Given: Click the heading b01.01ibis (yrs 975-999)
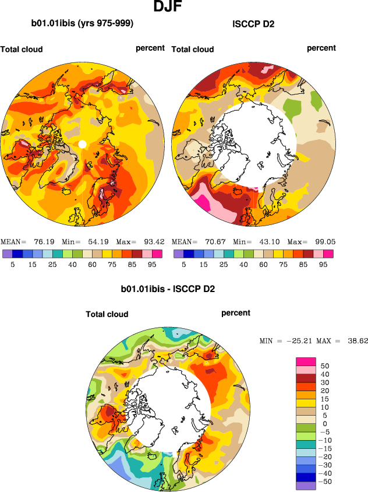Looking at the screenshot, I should [x=82, y=24].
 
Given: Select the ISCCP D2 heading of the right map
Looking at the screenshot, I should [x=253, y=24].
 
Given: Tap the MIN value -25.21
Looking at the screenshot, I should [x=298, y=340].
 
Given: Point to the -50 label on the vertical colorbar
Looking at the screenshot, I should [x=327, y=482].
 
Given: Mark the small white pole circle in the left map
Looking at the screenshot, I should [x=82, y=144].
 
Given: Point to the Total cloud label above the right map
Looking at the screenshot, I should [x=193, y=50].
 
